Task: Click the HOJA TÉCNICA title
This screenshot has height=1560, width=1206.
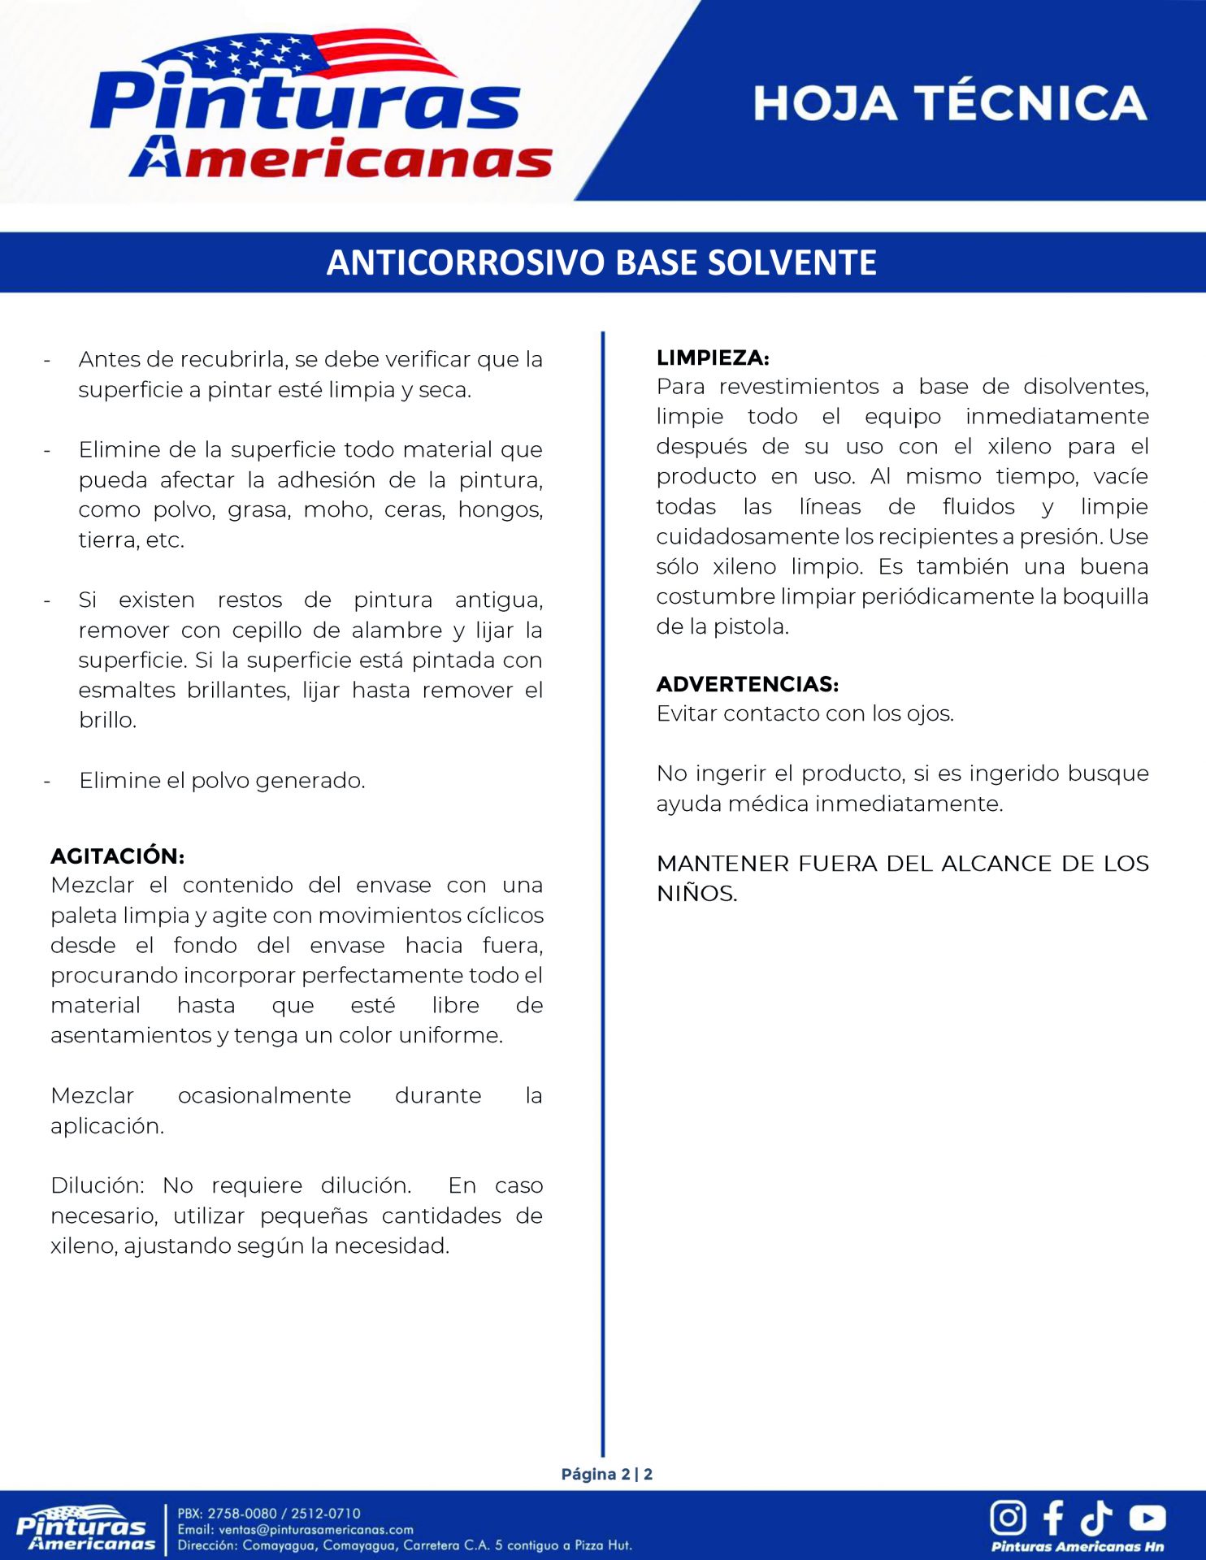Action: (x=949, y=103)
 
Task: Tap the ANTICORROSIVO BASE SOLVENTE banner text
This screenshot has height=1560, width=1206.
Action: (x=601, y=262)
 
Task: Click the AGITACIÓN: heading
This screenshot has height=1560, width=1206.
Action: (x=118, y=856)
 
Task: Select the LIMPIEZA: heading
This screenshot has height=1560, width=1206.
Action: (x=713, y=357)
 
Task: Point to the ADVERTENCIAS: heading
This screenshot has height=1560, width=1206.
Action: (x=748, y=684)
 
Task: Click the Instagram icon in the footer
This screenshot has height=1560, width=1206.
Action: (x=1008, y=1517)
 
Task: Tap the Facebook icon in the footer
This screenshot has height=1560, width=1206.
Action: (x=1053, y=1517)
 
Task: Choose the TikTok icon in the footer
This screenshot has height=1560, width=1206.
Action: (x=1096, y=1517)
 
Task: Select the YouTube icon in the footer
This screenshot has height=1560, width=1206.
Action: (x=1147, y=1517)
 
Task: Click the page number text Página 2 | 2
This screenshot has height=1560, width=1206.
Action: (x=606, y=1474)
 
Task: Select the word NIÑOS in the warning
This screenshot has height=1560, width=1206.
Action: (x=696, y=894)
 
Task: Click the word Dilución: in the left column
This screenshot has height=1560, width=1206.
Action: (x=97, y=1185)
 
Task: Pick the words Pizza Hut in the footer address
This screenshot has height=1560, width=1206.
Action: (x=602, y=1545)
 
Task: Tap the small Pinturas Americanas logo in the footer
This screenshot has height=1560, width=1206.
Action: (x=85, y=1528)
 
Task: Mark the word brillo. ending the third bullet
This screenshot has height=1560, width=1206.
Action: (x=107, y=720)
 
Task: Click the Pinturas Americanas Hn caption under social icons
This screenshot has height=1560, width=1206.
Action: (x=1077, y=1546)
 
